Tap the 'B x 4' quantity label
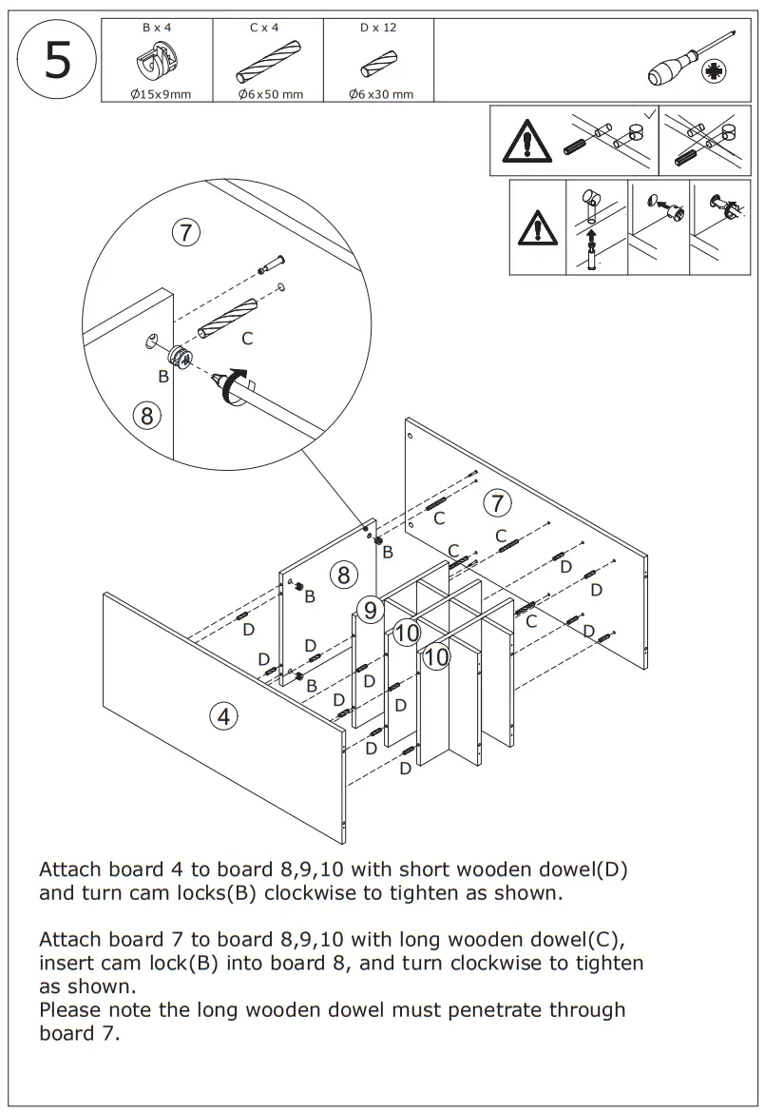point(157,28)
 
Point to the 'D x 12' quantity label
point(378,28)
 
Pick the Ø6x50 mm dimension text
point(271,94)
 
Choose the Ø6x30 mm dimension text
point(380,94)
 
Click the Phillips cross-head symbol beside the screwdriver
point(713,73)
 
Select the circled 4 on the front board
point(223,716)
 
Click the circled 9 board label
point(370,608)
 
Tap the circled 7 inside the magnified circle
point(186,231)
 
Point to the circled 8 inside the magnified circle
point(146,415)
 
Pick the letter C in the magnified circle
point(247,338)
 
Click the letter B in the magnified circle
point(163,377)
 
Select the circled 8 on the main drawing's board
point(343,574)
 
